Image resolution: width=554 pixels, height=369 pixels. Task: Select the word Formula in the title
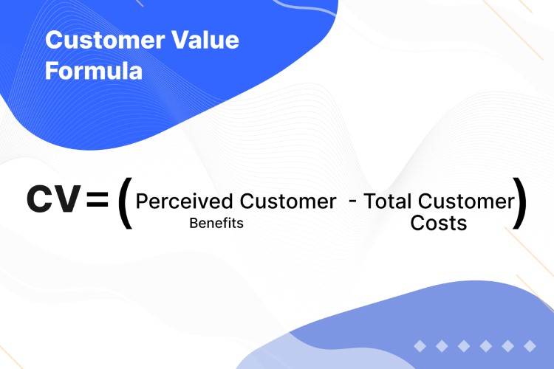[94, 72]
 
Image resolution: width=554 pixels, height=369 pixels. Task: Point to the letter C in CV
[41, 199]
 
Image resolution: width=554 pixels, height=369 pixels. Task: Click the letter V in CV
[67, 199]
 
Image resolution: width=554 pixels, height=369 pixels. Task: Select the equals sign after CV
[97, 200]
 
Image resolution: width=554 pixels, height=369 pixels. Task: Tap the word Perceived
[184, 201]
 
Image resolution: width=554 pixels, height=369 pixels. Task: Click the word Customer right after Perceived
[286, 201]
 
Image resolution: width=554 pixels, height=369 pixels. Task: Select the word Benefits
[216, 223]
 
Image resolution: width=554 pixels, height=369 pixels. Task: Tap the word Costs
[439, 224]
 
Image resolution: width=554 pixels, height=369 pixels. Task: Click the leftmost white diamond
[420, 345]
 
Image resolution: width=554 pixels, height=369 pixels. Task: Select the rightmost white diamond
[528, 345]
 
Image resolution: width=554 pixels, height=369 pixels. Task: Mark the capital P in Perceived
[142, 201]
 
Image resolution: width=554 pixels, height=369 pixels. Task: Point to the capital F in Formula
[52, 72]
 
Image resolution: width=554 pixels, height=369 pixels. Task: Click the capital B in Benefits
[193, 223]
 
